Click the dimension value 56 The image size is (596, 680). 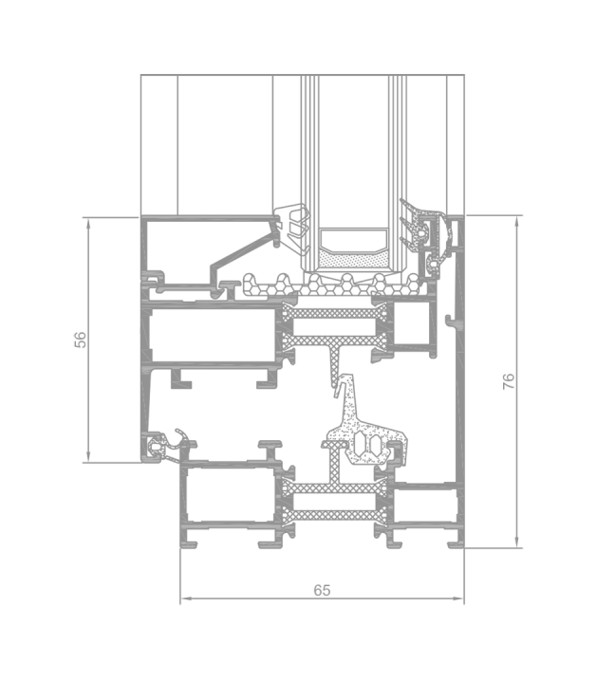(x=81, y=340)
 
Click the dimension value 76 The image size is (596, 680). (x=509, y=381)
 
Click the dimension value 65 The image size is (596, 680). (x=322, y=590)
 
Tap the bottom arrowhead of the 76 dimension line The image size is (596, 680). (x=516, y=542)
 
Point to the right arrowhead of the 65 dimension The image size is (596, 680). (x=458, y=598)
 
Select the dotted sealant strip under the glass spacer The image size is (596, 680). (x=353, y=260)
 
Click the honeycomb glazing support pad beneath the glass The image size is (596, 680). (x=332, y=285)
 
